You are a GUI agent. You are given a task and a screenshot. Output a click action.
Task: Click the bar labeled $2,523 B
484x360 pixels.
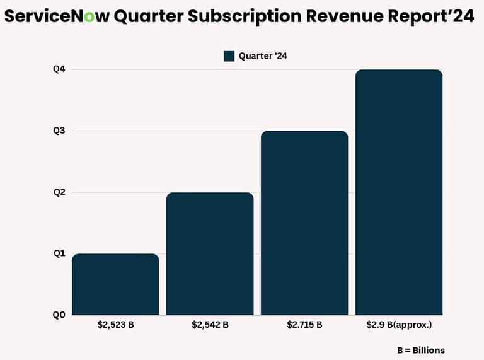115,284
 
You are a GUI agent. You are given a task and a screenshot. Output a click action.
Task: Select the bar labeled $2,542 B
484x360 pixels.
210,253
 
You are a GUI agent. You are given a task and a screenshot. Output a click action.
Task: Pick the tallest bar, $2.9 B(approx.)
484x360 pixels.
399,192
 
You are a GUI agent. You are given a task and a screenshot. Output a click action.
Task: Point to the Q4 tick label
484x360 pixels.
59,69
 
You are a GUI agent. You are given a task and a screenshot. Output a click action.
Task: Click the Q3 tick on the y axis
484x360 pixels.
59,131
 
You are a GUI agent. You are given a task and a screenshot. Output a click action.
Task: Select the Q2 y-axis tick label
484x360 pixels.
59,192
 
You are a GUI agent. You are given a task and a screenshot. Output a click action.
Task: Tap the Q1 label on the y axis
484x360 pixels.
59,253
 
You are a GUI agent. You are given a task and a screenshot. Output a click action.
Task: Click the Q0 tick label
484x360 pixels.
59,315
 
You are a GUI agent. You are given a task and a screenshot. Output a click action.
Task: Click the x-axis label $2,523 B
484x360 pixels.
115,325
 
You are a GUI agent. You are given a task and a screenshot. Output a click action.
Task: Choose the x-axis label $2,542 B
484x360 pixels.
210,325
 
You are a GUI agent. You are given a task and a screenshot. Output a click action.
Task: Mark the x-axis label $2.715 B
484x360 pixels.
304,325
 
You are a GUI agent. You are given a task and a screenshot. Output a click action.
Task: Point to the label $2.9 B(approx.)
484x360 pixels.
399,325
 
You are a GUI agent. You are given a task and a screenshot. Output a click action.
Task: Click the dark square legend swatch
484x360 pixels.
229,56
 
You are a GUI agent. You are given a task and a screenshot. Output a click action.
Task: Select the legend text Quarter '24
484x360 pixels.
263,56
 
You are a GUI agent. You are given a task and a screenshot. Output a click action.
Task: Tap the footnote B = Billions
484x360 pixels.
420,350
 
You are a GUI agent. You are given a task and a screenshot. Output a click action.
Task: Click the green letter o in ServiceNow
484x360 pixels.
89,17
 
